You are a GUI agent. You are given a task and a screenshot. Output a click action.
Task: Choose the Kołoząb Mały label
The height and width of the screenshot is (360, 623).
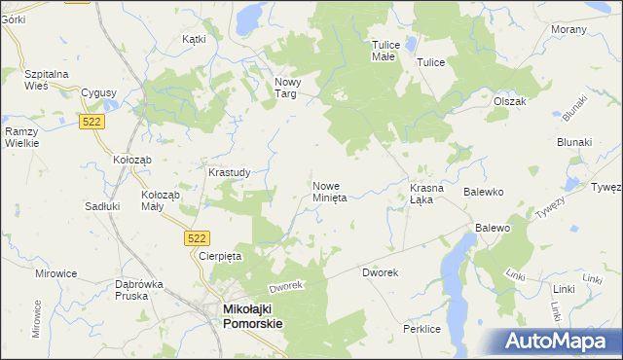pyautogui.click(x=161, y=200)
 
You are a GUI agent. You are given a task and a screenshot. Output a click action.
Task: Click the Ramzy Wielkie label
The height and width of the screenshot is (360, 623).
pyautogui.click(x=20, y=136)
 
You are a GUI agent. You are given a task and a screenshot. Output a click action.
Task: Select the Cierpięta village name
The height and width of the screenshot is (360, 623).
pyautogui.click(x=219, y=256)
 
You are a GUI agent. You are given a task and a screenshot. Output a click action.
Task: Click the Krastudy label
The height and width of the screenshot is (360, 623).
pyautogui.click(x=230, y=172)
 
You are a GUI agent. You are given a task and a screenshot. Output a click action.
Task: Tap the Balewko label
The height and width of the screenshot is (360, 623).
pyautogui.click(x=482, y=193)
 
